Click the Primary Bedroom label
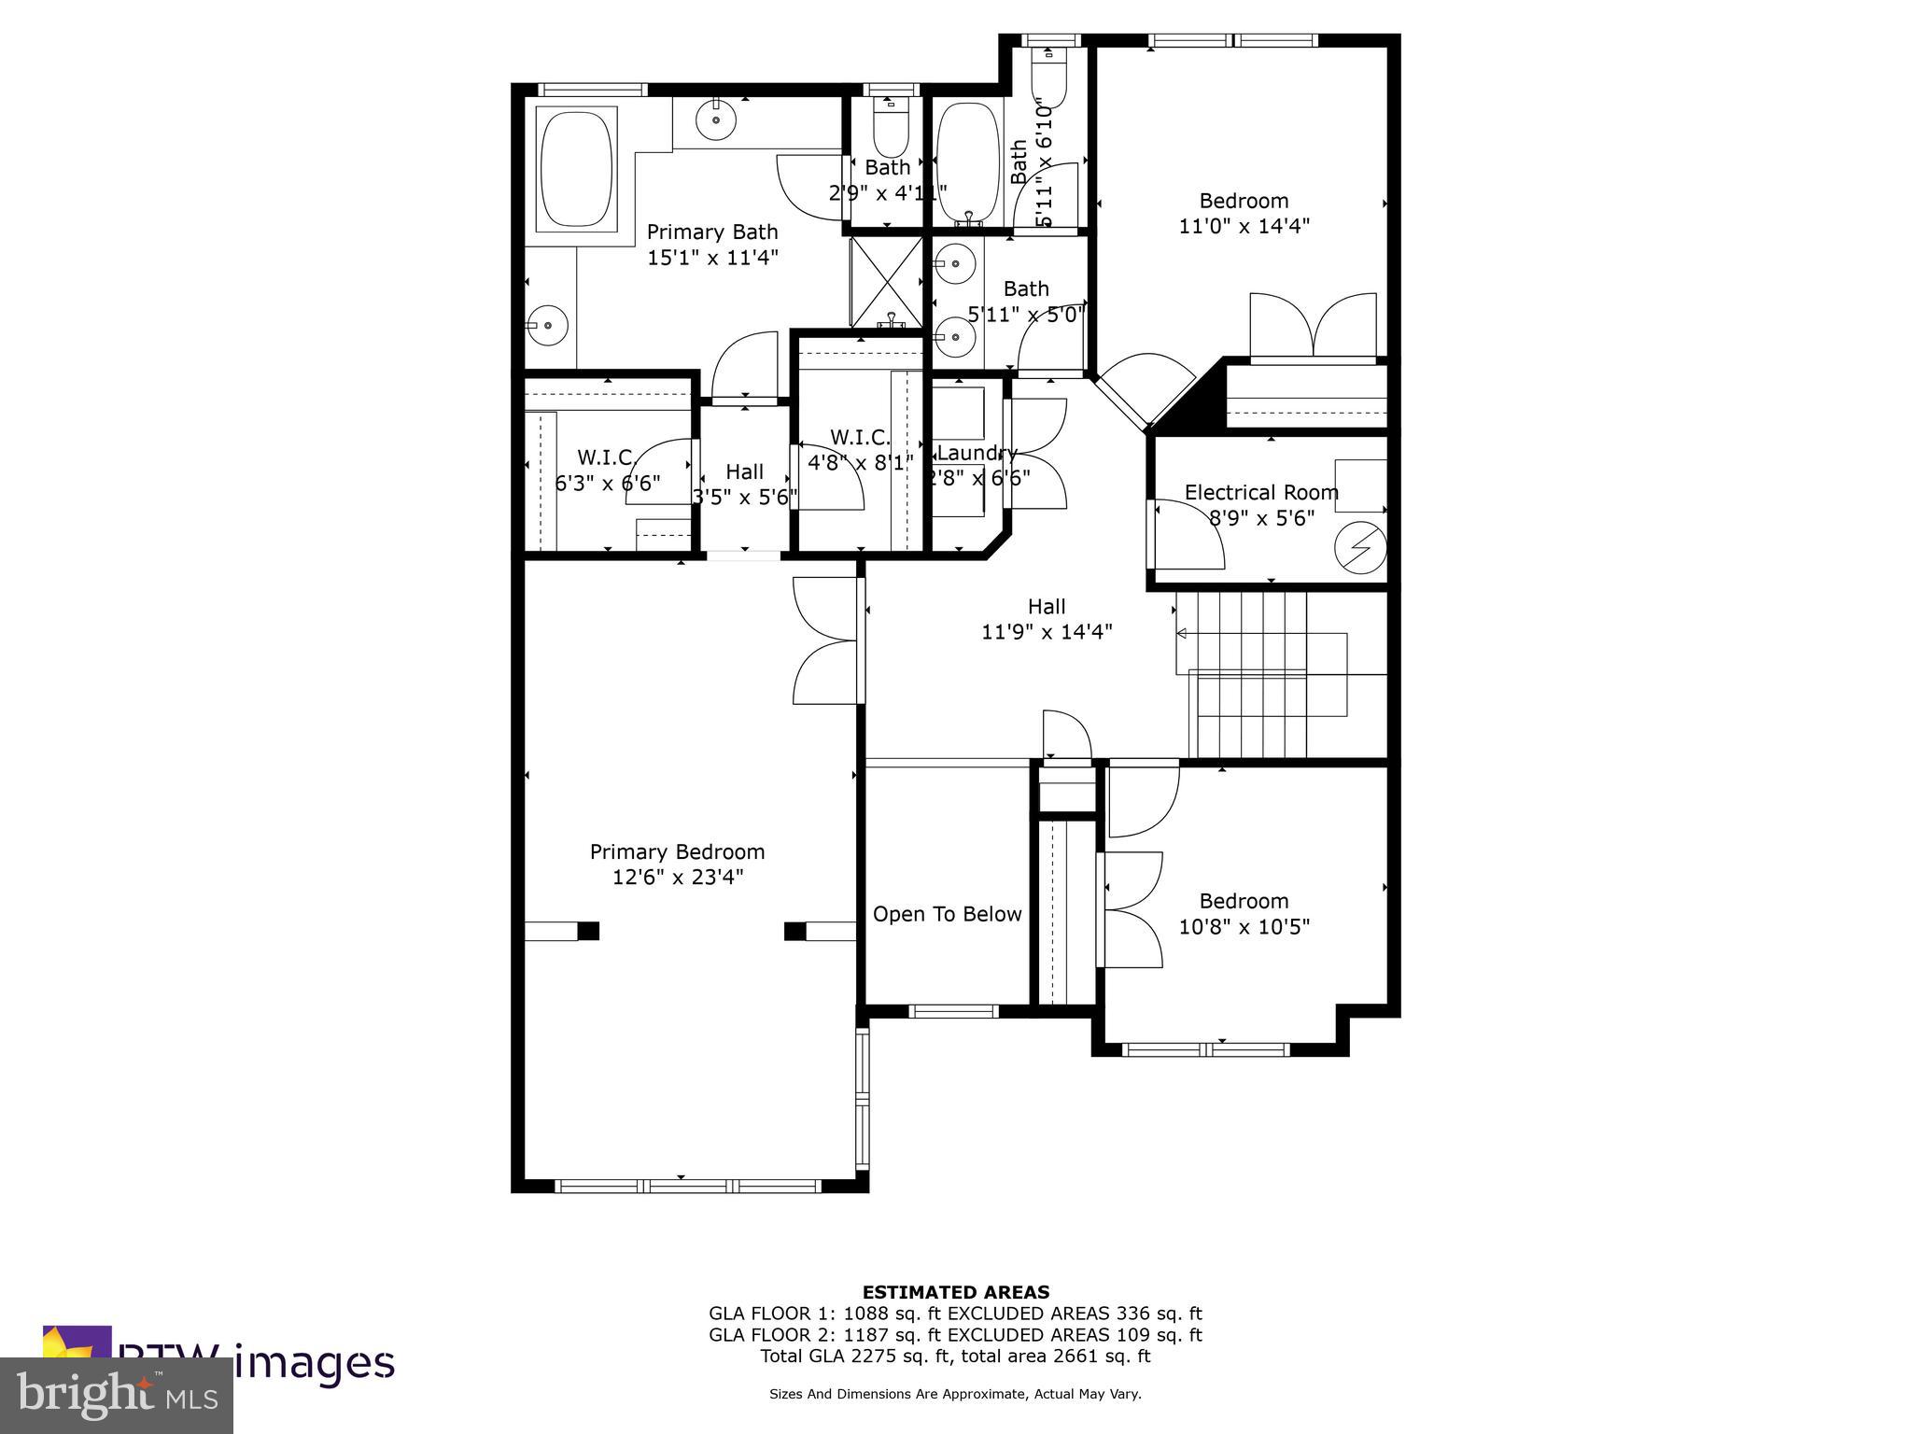point(677,851)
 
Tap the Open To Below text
point(947,914)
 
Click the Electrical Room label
point(1261,492)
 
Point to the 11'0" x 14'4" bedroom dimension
point(1244,226)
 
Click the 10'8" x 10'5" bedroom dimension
point(1244,927)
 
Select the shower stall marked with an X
point(886,281)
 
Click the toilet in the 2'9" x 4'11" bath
point(890,130)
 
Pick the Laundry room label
point(977,453)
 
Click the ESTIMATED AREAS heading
point(955,1292)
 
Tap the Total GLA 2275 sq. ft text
point(955,1356)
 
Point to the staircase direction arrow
point(1182,634)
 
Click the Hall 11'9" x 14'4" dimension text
point(1047,632)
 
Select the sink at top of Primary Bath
point(716,119)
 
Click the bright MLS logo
point(116,1396)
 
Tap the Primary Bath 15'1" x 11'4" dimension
point(712,258)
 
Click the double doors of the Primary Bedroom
point(826,640)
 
